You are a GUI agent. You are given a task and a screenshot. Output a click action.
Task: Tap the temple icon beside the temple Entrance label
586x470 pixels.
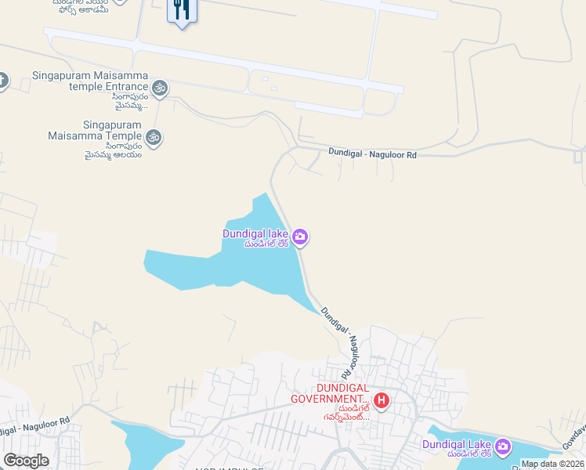161,88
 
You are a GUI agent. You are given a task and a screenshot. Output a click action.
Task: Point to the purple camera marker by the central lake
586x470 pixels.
300,237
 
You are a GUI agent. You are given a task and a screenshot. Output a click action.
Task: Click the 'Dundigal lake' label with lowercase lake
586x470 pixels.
255,233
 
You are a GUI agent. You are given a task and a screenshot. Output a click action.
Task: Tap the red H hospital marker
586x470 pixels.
382,401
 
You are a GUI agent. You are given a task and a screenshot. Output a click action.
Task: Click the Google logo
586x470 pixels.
26,461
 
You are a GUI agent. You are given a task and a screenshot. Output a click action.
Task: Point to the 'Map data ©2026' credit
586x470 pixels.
552,464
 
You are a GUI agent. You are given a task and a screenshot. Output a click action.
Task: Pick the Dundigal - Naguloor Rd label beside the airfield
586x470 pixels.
372,155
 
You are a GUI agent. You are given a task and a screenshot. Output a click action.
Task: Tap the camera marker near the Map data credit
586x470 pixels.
503,447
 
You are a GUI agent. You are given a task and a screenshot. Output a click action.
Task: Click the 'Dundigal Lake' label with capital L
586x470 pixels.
457,444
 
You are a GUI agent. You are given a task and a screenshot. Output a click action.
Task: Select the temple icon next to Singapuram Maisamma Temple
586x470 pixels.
154,137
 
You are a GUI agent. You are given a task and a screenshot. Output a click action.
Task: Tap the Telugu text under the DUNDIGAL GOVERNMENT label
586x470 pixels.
342,413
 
